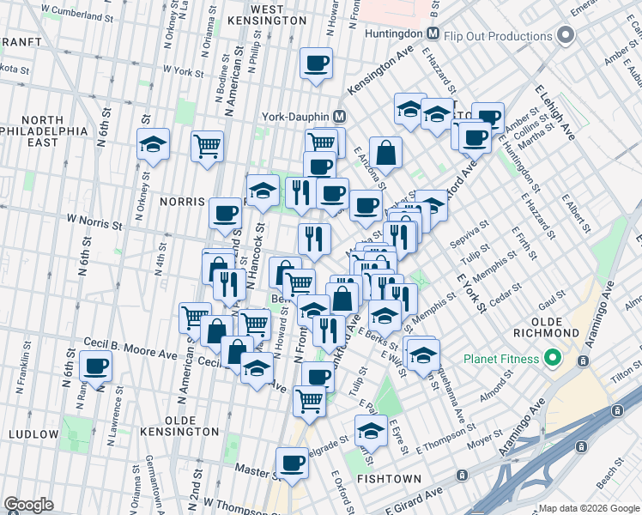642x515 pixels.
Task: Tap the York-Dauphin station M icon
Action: pyautogui.click(x=340, y=116)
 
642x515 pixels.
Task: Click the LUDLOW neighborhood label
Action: pyautogui.click(x=34, y=434)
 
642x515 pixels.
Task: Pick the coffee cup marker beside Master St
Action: pyautogui.click(x=292, y=463)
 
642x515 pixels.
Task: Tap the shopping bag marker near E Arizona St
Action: pyautogui.click(x=386, y=153)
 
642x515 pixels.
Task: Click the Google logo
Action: pyautogui.click(x=28, y=505)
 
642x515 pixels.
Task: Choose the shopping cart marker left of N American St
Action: pyautogui.click(x=208, y=147)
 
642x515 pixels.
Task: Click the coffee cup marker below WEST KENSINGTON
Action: pyautogui.click(x=316, y=64)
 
